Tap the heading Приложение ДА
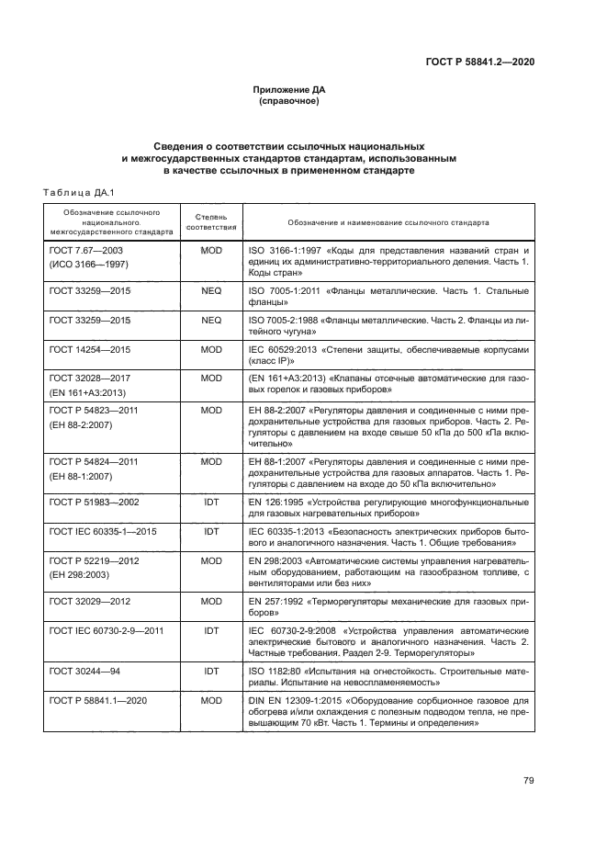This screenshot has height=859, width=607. coord(289,90)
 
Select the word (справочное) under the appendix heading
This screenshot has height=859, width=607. coord(289,101)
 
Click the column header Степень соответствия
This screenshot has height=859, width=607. coord(211,222)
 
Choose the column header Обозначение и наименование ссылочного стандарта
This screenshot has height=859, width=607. coord(388,222)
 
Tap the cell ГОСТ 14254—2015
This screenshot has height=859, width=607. coord(89,350)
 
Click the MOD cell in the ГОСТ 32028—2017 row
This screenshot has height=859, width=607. coord(211,377)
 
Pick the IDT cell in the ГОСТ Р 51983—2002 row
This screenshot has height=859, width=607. coord(211,503)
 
